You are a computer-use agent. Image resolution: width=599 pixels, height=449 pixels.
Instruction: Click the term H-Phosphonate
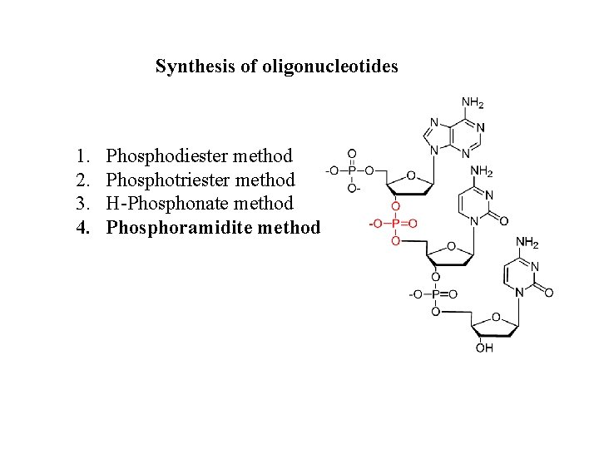coord(159,203)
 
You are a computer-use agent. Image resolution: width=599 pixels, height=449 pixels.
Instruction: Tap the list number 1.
coord(81,155)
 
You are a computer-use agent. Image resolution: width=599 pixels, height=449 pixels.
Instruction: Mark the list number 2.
coord(81,180)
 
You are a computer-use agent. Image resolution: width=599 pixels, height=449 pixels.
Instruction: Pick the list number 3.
coord(81,203)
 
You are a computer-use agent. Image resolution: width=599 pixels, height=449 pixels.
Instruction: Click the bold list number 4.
coord(82,226)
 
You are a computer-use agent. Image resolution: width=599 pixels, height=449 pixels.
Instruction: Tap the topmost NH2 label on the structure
coord(473,104)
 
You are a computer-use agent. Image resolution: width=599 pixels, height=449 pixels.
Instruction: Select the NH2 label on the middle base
coord(482,172)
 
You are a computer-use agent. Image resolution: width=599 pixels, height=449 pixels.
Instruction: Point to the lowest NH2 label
coord(527,243)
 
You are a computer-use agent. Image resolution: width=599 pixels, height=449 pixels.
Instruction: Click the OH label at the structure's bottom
coord(484,348)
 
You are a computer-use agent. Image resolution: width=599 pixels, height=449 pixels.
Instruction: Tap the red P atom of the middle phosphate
coord(395,223)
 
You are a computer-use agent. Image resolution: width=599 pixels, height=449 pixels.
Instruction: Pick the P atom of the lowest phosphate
coord(436,294)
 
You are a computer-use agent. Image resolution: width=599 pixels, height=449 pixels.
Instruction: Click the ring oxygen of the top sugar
coord(410,175)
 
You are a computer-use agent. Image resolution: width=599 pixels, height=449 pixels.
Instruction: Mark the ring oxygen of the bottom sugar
coord(496,317)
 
